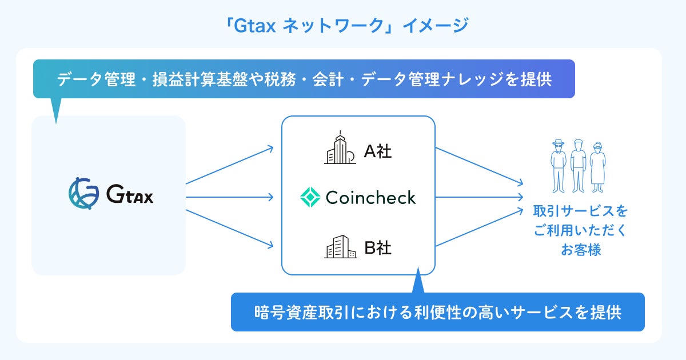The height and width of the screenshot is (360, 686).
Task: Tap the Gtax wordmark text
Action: coord(130,195)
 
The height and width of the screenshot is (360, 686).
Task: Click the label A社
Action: coord(378,152)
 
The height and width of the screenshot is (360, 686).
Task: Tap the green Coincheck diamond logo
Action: coord(310,198)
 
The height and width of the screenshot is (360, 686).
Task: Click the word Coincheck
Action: coord(370,198)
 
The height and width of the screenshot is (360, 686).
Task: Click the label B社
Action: coord(378,248)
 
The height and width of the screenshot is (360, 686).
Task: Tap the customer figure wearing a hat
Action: coord(558,165)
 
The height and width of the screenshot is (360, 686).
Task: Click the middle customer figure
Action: coord(578,165)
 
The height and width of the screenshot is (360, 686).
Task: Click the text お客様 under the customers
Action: coord(580,250)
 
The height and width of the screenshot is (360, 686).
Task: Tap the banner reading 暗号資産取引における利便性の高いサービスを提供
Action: coord(437,313)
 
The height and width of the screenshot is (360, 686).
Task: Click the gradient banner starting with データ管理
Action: coord(304,79)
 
